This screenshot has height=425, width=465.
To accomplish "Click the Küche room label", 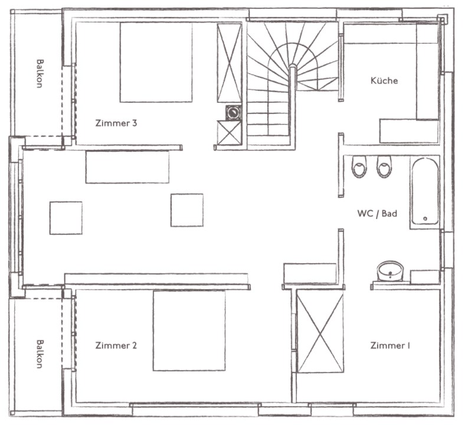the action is click(384, 80).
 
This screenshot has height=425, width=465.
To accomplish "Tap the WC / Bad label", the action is click(377, 213).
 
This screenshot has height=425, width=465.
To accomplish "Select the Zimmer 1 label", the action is click(390, 345).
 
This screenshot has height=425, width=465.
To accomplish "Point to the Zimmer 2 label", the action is click(116, 345).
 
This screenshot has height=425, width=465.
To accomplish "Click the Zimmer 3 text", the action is click(116, 123).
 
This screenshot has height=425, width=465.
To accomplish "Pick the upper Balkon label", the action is click(40, 74).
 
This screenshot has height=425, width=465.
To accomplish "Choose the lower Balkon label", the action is click(40, 354).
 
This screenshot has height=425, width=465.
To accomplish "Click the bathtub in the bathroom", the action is click(425, 192).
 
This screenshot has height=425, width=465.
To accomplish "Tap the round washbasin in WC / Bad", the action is click(390, 270).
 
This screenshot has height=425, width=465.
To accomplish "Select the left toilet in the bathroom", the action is click(359, 166).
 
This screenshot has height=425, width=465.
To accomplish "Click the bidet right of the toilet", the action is click(384, 166).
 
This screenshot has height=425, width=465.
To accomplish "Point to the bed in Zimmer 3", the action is click(156, 63).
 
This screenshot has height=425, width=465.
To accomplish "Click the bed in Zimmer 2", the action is click(189, 331).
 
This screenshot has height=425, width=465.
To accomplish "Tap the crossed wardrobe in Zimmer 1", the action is click(320, 331).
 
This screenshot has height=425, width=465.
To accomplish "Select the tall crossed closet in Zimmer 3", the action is click(229, 63).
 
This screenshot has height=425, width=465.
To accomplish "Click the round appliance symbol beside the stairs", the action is click(234, 112).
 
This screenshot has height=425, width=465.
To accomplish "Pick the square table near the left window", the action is click(66, 218).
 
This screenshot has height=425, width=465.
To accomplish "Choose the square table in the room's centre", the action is click(187, 210).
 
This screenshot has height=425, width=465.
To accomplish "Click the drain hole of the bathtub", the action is click(425, 218).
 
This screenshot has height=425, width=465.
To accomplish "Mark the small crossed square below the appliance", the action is click(229, 133).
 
